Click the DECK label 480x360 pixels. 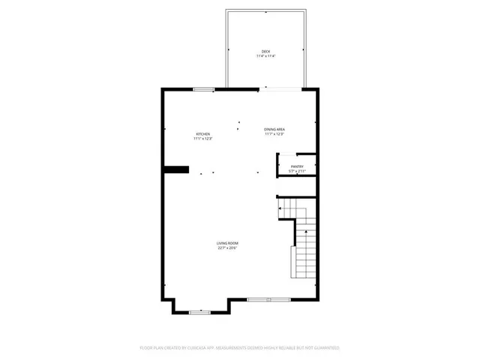265,52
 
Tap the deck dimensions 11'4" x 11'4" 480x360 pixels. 265,56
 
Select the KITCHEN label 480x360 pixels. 203,134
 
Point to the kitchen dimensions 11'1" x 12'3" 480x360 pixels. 203,139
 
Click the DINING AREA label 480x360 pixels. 274,130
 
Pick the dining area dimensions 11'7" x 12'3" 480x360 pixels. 274,134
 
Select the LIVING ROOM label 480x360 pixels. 227,244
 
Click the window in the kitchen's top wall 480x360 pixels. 203,89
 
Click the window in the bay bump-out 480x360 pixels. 199,312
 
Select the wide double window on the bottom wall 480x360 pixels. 268,299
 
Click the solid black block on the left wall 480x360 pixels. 175,169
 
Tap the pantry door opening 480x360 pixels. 277,166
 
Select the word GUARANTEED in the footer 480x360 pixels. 324,348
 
